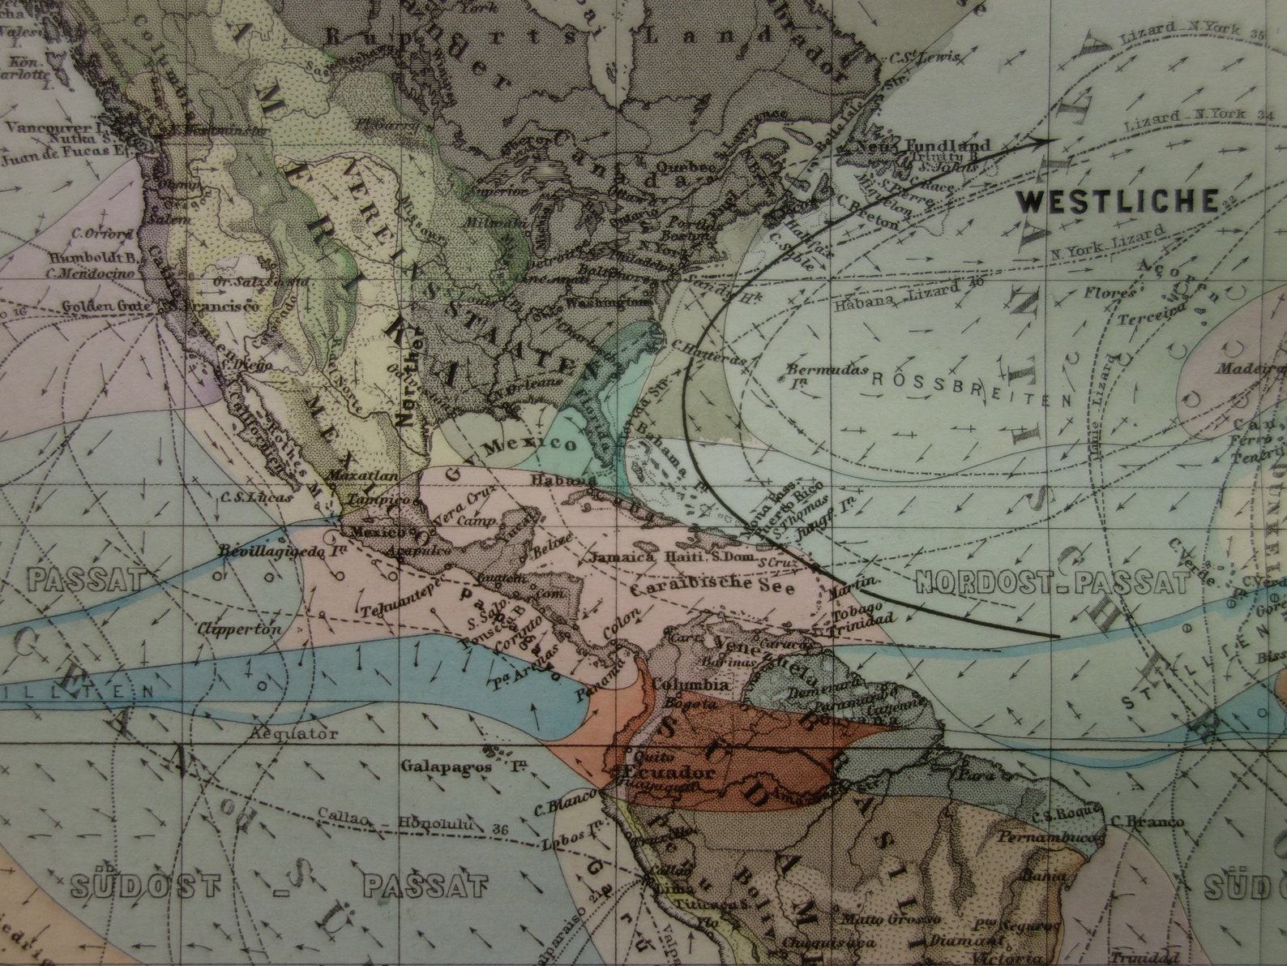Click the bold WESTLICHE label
(x=1118, y=200)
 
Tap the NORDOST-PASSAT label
(x=1052, y=582)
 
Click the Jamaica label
(x=619, y=558)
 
